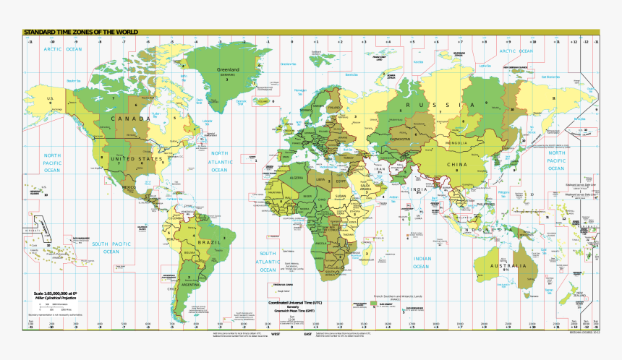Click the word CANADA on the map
[130, 118]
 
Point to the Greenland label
[229, 70]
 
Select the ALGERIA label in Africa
[297, 177]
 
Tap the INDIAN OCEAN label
[422, 262]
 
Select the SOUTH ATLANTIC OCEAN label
[268, 261]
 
